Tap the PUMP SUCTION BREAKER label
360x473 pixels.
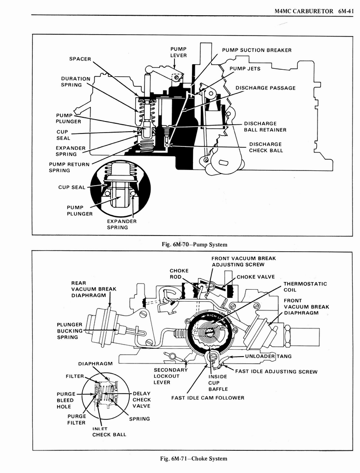pyautogui.click(x=257, y=50)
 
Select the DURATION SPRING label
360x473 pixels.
pyautogui.click(x=76, y=82)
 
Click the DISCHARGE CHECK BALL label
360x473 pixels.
pyautogui.click(x=266, y=147)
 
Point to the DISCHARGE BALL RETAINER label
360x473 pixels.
pyautogui.click(x=265, y=127)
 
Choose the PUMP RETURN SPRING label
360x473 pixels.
pyautogui.click(x=69, y=167)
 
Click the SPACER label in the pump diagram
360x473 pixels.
pyautogui.click(x=80, y=59)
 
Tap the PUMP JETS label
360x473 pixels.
pyautogui.click(x=245, y=69)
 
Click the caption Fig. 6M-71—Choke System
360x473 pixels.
pyautogui.click(x=193, y=458)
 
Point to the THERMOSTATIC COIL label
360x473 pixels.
pyautogui.click(x=305, y=287)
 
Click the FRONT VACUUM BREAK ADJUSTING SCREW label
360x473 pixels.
pyautogui.click(x=243, y=261)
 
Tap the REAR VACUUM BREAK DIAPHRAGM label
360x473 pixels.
pyautogui.click(x=94, y=289)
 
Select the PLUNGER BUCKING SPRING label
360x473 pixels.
pyautogui.click(x=70, y=331)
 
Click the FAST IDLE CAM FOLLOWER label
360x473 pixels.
pyautogui.click(x=208, y=398)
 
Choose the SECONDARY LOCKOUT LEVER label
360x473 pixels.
pyautogui.click(x=171, y=376)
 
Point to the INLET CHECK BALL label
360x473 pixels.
pyautogui.click(x=109, y=431)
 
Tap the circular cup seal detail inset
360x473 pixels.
pyautogui.click(x=120, y=188)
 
